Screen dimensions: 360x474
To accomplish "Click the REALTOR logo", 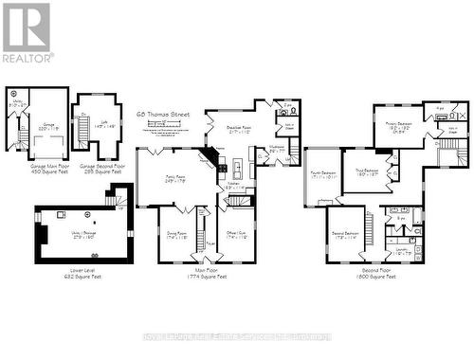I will coord(27,32).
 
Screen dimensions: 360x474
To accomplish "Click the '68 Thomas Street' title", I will coord(162,114).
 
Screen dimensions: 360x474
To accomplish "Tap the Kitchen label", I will coord(234,188).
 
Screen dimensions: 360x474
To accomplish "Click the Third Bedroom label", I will coord(367,171).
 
